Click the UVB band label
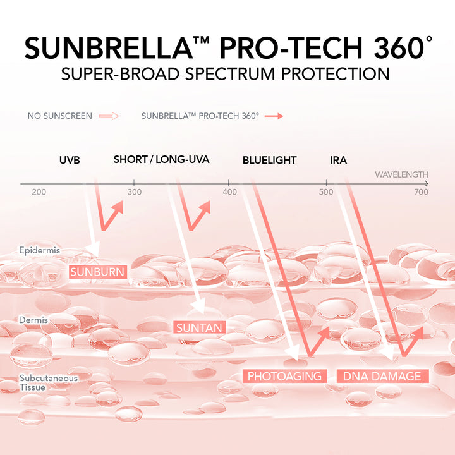coord(70,160)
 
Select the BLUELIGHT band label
coord(270,160)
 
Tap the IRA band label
coord(338,160)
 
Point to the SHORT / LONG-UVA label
coord(161,160)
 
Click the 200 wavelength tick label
coord(39,192)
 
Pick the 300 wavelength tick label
coord(135,192)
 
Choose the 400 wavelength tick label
coord(230,192)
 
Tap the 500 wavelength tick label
coord(326,192)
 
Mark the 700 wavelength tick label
coord(422,192)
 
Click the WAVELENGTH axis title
coord(401,174)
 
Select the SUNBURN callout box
coord(98,272)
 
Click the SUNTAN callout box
coord(199,327)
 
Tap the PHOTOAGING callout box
coord(284,376)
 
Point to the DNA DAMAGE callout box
coord(382,376)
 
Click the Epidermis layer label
coord(39,250)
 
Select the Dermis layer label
coord(33,320)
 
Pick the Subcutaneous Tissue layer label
coord(49,382)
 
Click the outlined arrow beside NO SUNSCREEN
coord(109,116)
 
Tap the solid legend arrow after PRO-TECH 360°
coord(274,116)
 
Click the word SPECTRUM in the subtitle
coord(230,74)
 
